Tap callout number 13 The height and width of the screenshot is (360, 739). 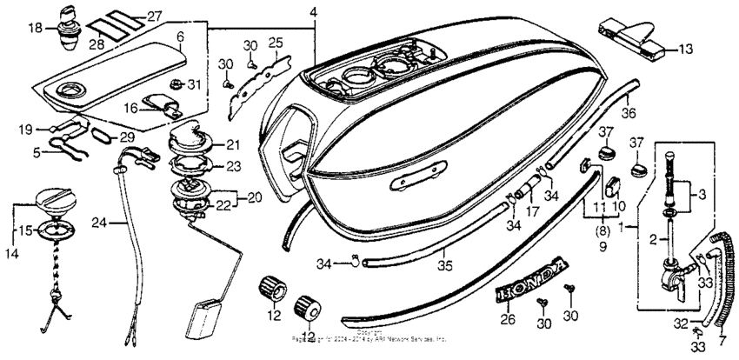[687, 50]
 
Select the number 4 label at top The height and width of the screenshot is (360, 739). [313, 11]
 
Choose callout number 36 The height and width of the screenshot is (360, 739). [630, 113]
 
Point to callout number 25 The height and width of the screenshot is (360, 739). [276, 43]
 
